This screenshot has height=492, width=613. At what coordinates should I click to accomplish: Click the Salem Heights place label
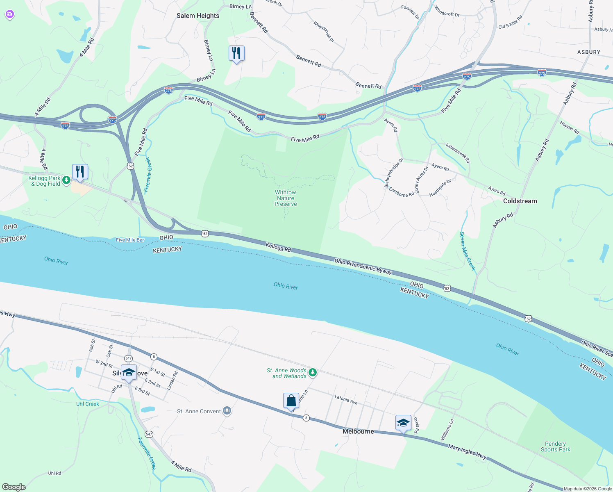tap(198, 16)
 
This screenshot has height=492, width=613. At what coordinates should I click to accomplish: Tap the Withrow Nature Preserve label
tap(286, 198)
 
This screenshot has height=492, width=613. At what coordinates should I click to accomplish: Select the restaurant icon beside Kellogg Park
tap(80, 172)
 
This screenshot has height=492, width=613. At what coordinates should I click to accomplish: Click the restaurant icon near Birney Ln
tap(236, 53)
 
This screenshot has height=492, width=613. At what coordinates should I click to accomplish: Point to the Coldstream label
tap(520, 201)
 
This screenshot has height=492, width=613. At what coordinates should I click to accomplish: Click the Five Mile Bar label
tap(130, 240)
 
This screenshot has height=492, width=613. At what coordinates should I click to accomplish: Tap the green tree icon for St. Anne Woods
tap(313, 372)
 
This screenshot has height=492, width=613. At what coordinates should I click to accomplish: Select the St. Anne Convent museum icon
tap(227, 411)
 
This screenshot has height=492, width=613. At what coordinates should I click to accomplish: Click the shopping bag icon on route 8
tap(291, 401)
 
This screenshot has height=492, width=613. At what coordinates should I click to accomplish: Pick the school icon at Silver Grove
tap(129, 372)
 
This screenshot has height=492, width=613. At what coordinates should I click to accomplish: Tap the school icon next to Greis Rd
tap(403, 423)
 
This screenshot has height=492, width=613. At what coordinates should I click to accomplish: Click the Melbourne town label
tap(358, 431)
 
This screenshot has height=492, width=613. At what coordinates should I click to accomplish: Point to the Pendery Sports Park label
tap(555, 446)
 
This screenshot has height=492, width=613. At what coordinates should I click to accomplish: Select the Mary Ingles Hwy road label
tap(467, 452)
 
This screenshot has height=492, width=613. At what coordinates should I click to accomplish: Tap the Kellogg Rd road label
tap(278, 247)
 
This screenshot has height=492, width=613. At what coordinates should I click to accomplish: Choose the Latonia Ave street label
tap(346, 399)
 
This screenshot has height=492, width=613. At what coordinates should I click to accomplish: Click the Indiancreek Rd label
tap(458, 153)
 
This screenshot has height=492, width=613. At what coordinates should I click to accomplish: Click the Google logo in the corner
tap(14, 487)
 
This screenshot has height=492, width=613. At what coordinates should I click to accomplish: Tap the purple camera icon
tap(10, 15)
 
